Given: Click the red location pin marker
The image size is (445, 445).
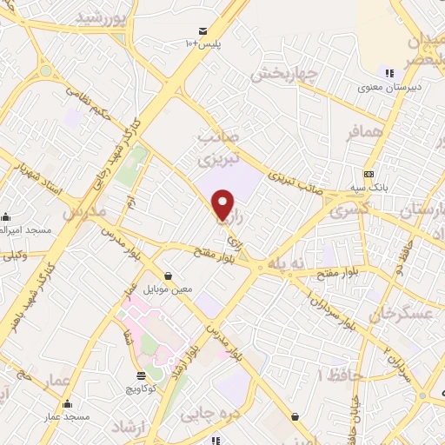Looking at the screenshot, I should (224, 203).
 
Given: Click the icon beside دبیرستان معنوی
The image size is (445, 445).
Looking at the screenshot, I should (389, 73).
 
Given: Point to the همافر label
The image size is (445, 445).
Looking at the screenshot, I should (363, 131).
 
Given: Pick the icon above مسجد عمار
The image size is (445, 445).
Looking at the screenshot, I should (68, 403).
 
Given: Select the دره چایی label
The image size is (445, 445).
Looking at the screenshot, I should (209, 415).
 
